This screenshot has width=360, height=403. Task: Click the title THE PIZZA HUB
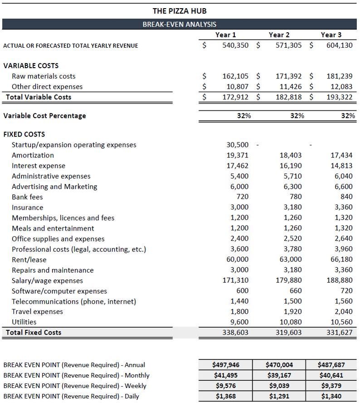click(x=180, y=10)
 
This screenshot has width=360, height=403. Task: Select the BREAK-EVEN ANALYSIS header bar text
click(x=180, y=25)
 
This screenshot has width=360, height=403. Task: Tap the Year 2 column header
click(x=278, y=35)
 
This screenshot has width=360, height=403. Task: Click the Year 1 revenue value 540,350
click(x=235, y=45)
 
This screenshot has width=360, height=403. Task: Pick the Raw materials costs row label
click(x=44, y=76)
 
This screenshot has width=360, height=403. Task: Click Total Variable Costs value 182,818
click(x=288, y=97)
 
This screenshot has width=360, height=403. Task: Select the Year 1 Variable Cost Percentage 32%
click(x=244, y=116)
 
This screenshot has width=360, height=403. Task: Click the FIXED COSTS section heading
click(x=24, y=134)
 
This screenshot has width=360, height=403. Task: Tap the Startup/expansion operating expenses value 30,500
click(x=237, y=145)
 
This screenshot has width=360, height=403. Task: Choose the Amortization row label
click(x=33, y=155)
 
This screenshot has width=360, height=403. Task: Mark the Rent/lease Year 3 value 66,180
click(x=341, y=260)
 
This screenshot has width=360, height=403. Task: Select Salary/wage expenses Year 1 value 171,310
click(x=235, y=280)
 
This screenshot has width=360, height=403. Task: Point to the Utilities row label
click(x=24, y=322)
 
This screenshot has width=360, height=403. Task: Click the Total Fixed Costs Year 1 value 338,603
click(x=235, y=332)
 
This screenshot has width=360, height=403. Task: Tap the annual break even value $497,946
click(x=226, y=365)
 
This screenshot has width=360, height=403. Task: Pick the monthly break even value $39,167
click(x=279, y=375)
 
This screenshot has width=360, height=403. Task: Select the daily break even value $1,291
click(x=279, y=396)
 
